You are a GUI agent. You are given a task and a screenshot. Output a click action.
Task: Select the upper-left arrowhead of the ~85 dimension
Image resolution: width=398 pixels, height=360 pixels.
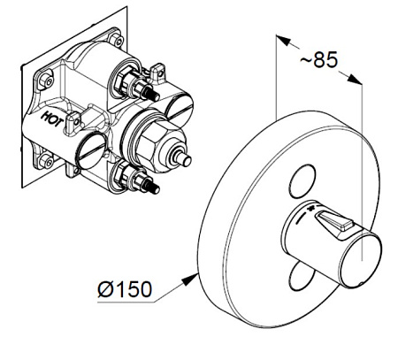coord(281,40)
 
